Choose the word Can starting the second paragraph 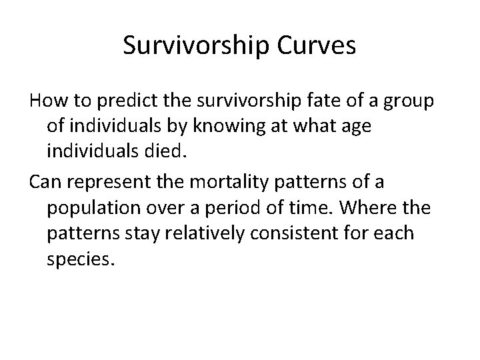(x=45, y=182)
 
